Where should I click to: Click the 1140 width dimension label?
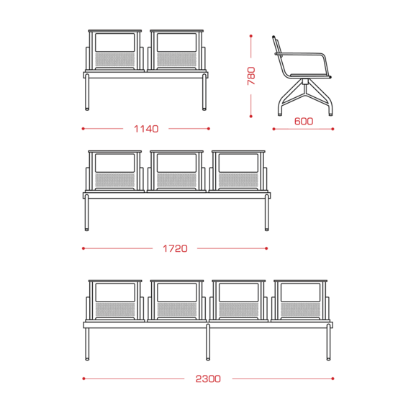pos(146,129)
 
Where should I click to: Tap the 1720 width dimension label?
pos(175,248)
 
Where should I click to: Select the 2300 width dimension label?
pos(208,379)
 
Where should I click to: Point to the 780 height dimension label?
pos(251,76)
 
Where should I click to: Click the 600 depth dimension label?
pos(304,121)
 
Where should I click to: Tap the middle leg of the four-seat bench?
pos(208,342)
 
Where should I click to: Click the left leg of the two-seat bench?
pos(87,92)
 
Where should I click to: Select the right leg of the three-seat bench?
pos(266,212)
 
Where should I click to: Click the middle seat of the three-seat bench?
pos(176,171)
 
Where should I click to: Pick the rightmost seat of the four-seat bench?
pos(300,301)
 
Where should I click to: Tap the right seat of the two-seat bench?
pos(176,50)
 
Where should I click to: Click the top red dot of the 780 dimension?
pos(250,36)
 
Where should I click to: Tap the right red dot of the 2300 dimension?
pos(333,379)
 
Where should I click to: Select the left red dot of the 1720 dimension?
pos(83,248)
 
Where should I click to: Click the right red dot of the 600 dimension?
pos(333,130)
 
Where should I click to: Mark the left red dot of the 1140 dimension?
pos(83,129)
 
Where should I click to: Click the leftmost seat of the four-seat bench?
pos(115,301)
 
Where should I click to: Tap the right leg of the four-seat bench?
pos(328,342)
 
